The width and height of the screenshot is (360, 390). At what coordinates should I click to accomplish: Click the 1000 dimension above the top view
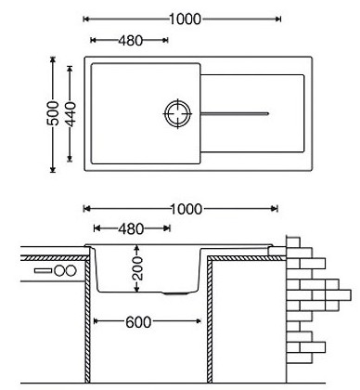pos(186,19)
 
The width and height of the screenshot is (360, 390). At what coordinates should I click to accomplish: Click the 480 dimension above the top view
pos(131,41)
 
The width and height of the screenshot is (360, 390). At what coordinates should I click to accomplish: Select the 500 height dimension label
pos(53,113)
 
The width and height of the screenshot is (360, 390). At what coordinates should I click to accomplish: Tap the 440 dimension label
pos(71,114)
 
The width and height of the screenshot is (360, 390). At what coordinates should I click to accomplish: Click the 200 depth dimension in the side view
pos(138,268)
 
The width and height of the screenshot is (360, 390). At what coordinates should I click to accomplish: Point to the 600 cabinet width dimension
pos(138,322)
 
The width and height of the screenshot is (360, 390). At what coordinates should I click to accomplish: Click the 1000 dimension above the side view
pos(186,209)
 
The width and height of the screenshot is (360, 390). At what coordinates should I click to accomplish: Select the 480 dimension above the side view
pos(131,229)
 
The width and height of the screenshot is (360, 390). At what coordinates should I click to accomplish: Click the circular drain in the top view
pos(178,113)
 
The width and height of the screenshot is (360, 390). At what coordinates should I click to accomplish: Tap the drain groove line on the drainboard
pos(235,113)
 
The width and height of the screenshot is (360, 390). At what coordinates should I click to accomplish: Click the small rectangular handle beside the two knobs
pos(43,271)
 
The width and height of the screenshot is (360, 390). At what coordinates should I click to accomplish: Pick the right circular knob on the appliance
pos(71,271)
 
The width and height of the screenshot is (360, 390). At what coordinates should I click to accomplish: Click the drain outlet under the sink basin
pos(175,292)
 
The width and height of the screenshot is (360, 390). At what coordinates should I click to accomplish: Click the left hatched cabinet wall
pos(87,320)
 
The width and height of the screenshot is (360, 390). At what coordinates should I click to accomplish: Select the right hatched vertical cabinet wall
pos(210,320)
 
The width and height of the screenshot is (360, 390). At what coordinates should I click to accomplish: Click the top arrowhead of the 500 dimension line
pos(53,59)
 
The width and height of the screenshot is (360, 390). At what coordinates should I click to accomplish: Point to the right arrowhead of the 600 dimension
pos(198,321)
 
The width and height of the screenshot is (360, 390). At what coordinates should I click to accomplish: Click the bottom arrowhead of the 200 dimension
pos(136,289)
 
